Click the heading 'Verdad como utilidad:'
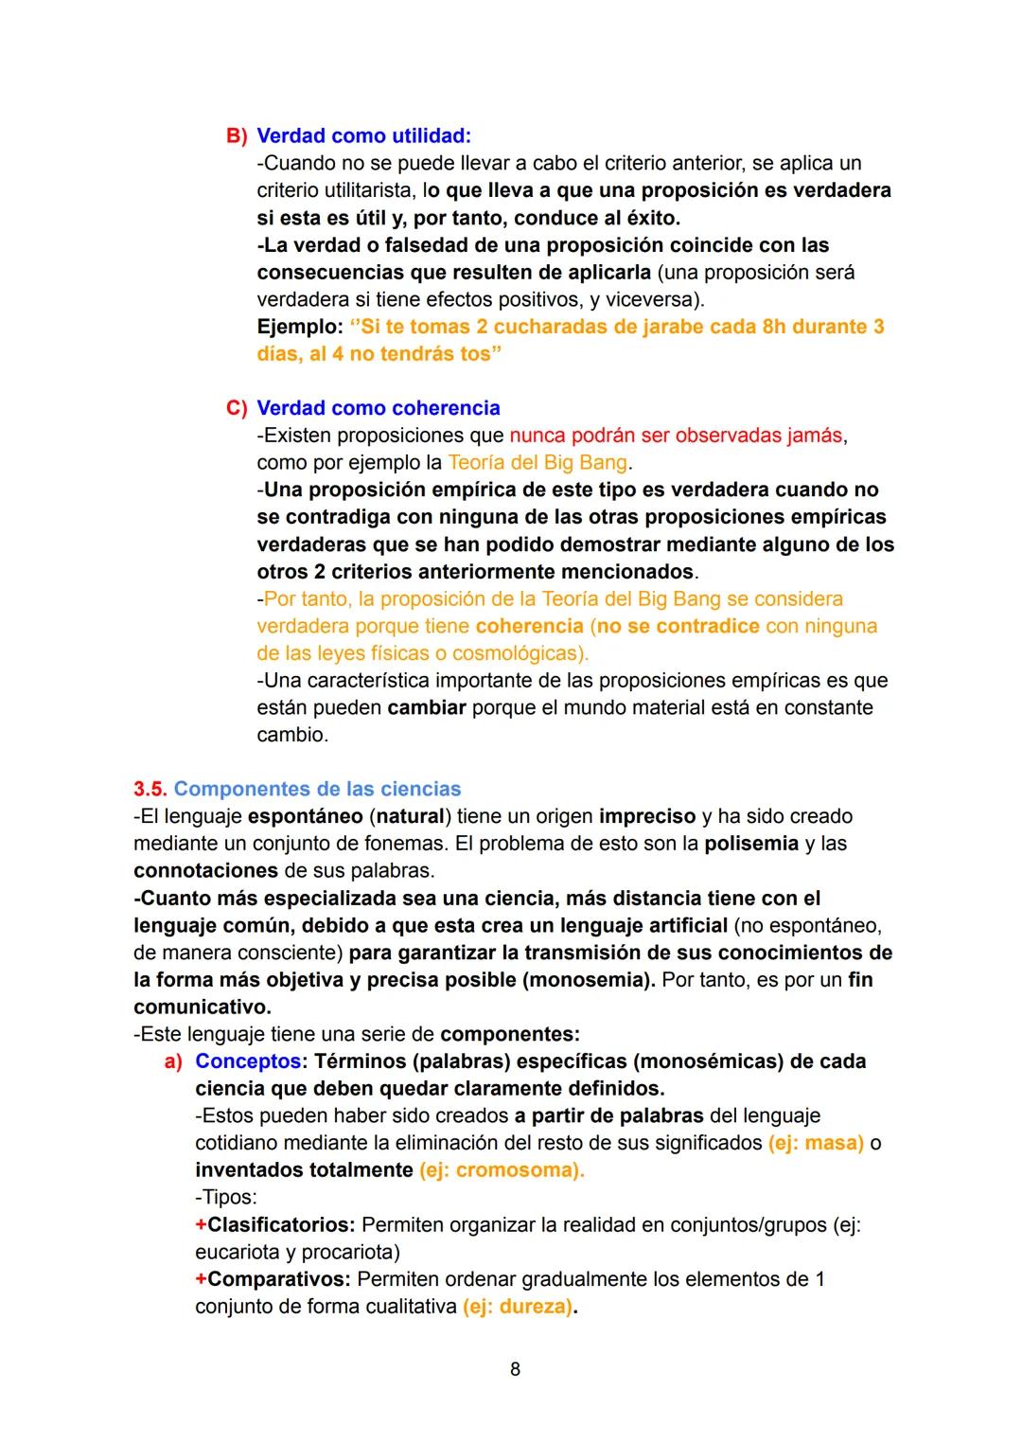click(363, 135)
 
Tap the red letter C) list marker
click(236, 408)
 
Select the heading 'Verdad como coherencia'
click(379, 408)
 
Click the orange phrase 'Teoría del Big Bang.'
click(539, 463)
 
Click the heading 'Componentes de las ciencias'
click(317, 789)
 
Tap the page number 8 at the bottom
click(515, 1369)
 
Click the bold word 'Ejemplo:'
click(299, 327)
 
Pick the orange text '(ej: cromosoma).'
click(502, 1170)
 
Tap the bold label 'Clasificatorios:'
click(281, 1225)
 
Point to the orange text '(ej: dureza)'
click(518, 1307)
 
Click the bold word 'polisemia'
click(751, 844)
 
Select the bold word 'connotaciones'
click(205, 870)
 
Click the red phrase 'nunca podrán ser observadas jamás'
click(676, 436)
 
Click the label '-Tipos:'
click(226, 1197)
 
